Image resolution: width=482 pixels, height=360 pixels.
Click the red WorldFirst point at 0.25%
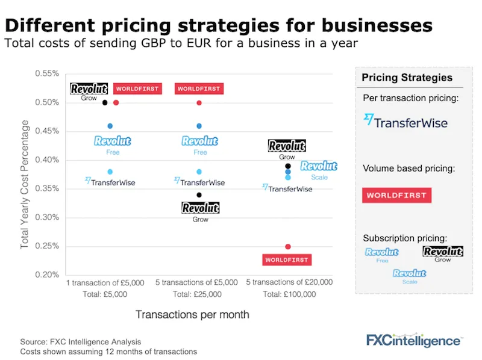point(288,247)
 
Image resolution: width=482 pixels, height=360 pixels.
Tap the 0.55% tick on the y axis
point(47,73)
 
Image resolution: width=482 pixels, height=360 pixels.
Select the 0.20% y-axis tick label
point(47,275)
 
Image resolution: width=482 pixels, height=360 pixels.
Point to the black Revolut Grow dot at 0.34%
point(199,195)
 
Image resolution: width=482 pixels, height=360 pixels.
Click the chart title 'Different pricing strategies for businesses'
point(219,26)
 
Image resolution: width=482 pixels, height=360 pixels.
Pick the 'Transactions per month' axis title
point(192,314)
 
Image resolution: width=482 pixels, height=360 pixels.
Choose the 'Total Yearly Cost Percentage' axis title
point(25,184)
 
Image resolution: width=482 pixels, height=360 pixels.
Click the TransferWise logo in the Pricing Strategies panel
point(405,122)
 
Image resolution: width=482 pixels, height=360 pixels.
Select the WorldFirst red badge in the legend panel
point(397,195)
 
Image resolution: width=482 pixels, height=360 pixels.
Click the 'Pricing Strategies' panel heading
point(407,78)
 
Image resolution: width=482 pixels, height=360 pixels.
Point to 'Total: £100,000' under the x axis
point(289,294)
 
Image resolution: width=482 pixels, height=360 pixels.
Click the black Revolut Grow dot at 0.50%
point(105,102)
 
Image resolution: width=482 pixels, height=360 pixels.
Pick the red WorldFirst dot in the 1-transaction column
point(116,102)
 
